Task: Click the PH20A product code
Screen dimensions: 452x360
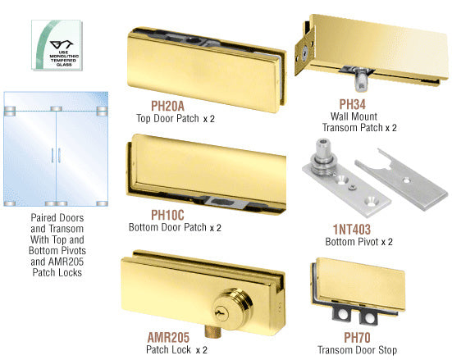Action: point(167,106)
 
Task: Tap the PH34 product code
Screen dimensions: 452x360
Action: point(352,104)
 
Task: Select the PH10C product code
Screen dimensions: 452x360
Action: point(167,215)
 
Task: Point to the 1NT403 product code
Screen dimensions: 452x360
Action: point(352,230)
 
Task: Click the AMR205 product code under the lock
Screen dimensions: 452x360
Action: point(168,337)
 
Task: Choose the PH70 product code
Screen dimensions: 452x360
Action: point(357,338)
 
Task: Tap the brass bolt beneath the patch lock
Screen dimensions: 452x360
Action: point(213,331)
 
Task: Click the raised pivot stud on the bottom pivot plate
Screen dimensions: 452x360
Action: point(323,157)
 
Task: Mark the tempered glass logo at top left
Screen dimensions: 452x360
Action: point(57,45)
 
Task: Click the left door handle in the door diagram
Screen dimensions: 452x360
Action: point(53,155)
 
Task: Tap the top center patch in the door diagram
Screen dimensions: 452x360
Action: point(57,109)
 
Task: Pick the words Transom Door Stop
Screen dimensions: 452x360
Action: point(358,350)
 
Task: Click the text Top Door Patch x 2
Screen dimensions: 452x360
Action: point(176,118)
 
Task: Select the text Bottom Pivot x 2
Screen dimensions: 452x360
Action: point(358,242)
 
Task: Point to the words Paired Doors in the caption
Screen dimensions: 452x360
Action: point(57,217)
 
